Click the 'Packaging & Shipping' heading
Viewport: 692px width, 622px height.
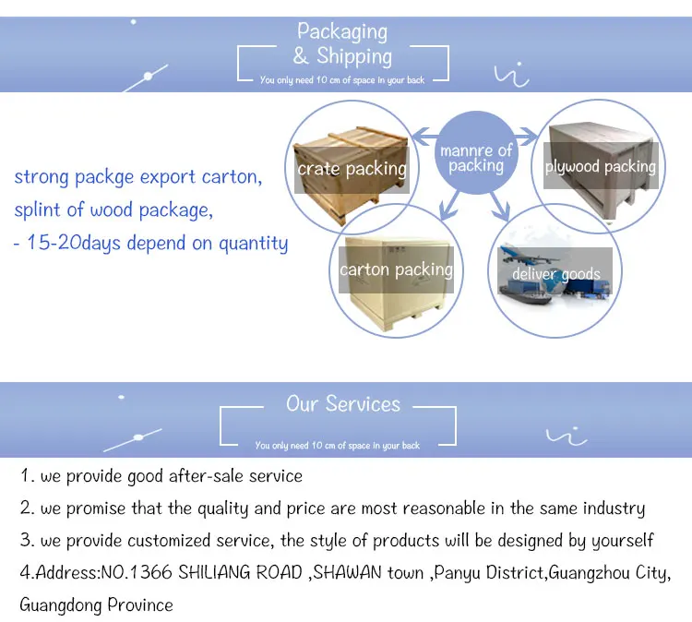coord(343,43)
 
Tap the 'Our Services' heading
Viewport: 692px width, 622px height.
coord(343,404)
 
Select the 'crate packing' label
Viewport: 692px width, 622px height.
coord(352,169)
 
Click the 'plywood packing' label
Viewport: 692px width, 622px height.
coord(600,167)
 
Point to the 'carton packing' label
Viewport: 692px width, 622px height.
coord(396,269)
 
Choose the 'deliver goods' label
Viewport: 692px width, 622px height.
coord(556,273)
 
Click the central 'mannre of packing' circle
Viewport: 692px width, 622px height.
coord(476,158)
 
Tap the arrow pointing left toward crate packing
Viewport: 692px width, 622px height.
coord(425,139)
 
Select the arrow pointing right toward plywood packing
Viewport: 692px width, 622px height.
coord(527,139)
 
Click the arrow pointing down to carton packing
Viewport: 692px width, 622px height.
coord(447,200)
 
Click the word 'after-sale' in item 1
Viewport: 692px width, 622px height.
coord(202,476)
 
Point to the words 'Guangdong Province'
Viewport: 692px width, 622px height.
coord(96,605)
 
